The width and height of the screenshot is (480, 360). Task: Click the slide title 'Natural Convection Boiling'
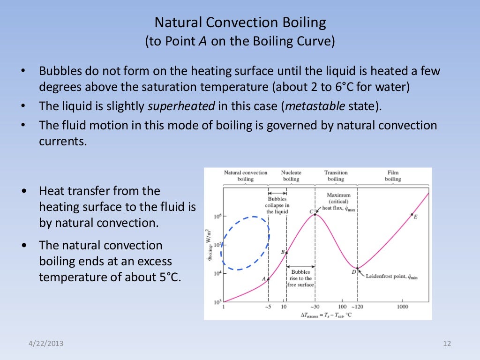[240, 22]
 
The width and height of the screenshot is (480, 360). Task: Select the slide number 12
[446, 344]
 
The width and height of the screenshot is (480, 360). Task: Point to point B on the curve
[286, 253]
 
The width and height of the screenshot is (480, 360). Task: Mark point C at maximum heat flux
[315, 214]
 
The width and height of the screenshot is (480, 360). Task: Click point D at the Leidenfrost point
[357, 269]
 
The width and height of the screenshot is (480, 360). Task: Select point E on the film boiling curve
[412, 215]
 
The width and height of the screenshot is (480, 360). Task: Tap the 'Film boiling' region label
[393, 175]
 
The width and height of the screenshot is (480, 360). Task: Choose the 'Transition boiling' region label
[336, 175]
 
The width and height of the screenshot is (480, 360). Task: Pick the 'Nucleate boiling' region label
[291, 175]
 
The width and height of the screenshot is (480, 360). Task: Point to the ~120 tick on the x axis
[357, 307]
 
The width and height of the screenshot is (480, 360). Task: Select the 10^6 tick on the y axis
[217, 217]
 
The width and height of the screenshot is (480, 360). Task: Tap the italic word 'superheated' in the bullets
[181, 106]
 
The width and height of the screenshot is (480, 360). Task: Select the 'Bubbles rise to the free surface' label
[300, 278]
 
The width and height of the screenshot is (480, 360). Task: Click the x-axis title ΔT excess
[326, 315]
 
